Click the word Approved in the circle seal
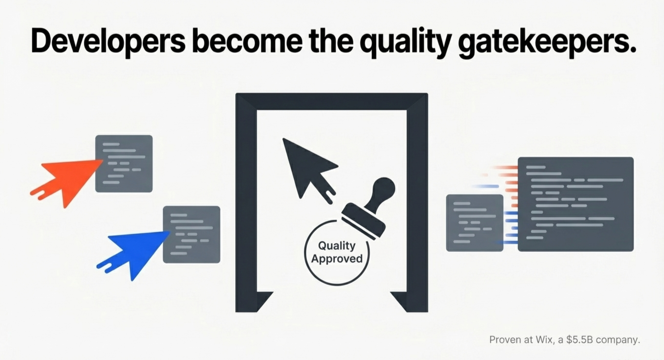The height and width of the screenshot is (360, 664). pyautogui.click(x=337, y=258)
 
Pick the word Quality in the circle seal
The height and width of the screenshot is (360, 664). pyautogui.click(x=337, y=246)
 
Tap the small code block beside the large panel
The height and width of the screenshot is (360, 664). pyautogui.click(x=474, y=223)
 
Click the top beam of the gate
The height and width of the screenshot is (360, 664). pyautogui.click(x=332, y=102)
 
